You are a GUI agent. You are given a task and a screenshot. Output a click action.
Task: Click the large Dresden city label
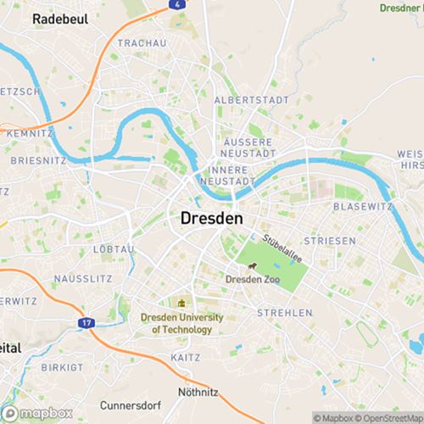(211, 218)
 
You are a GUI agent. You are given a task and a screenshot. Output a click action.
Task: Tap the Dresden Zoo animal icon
(251, 265)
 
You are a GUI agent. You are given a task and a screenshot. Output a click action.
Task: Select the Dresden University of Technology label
(182, 323)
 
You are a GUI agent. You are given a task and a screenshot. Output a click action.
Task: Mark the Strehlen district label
(284, 313)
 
